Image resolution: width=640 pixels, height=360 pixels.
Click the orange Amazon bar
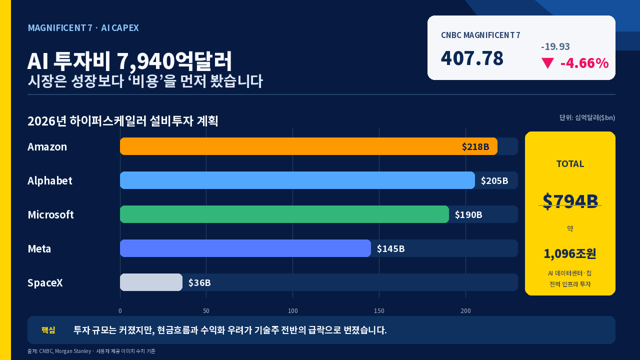[308, 146]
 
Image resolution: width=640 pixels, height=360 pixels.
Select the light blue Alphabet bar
[297, 180]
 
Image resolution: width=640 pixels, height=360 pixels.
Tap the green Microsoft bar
[284, 214]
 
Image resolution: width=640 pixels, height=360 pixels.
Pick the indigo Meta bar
[245, 248]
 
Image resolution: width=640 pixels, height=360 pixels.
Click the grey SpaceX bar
[151, 282]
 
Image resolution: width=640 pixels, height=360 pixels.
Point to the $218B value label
[475, 147]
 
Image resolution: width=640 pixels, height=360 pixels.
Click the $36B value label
[199, 283]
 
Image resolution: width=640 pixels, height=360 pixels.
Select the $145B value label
[391, 249]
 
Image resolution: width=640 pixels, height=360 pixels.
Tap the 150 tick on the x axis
[379, 311]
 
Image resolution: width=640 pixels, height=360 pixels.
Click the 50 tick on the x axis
[206, 311]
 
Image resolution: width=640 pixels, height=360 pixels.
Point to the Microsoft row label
[51, 214]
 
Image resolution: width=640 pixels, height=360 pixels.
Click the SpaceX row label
[45, 283]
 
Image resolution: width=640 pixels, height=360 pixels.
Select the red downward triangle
[547, 63]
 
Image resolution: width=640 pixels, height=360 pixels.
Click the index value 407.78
[472, 58]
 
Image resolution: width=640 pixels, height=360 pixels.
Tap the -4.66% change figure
[584, 63]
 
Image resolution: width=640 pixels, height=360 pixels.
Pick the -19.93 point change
[555, 46]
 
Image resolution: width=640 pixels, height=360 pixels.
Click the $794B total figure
[570, 201]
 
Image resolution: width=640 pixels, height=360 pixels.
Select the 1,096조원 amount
[570, 253]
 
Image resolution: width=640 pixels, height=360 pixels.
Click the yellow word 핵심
[48, 330]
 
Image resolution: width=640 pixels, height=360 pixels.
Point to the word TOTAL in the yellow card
[570, 164]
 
